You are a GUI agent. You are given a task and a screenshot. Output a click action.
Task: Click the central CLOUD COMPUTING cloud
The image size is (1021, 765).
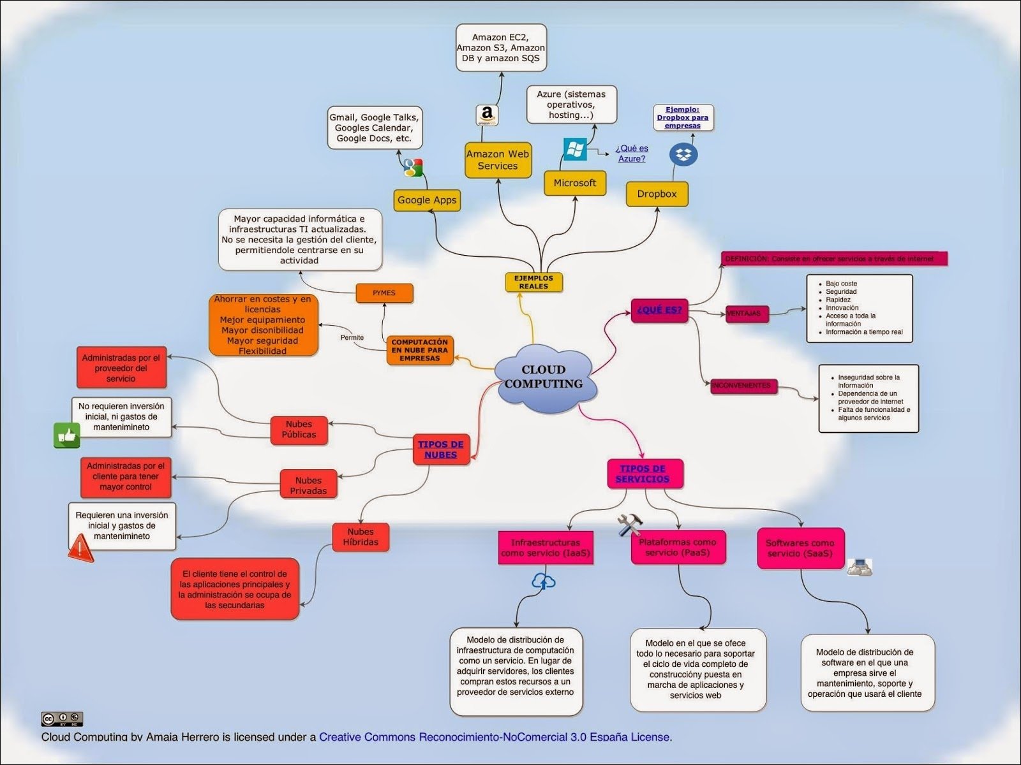[x=544, y=377]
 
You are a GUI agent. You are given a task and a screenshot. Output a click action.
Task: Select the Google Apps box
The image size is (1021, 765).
[x=427, y=200]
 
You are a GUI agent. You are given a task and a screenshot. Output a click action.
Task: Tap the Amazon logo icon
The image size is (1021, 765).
[x=488, y=115]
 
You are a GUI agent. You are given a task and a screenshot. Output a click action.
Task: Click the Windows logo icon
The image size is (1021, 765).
[x=575, y=149]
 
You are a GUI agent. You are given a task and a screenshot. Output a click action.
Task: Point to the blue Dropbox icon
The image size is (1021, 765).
[x=683, y=154]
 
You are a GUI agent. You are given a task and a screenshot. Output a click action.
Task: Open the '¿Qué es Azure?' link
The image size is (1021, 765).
[x=632, y=154]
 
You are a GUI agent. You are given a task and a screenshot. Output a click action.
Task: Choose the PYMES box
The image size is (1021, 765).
[x=384, y=293]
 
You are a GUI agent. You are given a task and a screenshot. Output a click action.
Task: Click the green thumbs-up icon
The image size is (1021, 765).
[x=66, y=435]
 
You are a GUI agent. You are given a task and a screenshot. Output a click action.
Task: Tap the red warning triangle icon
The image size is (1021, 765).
[x=80, y=548]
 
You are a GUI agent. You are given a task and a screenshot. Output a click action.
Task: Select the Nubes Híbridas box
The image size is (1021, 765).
[x=361, y=537]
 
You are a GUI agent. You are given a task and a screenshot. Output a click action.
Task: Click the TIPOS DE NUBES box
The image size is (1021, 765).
[x=440, y=449]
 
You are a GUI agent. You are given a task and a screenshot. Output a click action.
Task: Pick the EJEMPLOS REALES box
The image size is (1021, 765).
[x=533, y=282]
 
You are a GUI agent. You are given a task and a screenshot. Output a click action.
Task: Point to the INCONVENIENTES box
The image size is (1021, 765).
[x=742, y=386]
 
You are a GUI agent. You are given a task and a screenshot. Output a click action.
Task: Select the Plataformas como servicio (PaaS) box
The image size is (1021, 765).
[x=678, y=547]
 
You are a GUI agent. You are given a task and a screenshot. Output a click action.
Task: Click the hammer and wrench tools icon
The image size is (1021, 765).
[x=629, y=525]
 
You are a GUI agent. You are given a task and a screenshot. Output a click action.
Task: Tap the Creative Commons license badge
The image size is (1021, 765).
[x=63, y=719]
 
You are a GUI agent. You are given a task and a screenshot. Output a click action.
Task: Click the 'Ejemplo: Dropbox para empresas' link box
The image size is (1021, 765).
[x=683, y=118]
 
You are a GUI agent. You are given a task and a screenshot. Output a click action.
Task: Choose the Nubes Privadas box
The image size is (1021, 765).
[x=308, y=485]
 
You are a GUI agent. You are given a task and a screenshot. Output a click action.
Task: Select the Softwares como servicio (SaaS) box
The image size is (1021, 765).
[x=800, y=548]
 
